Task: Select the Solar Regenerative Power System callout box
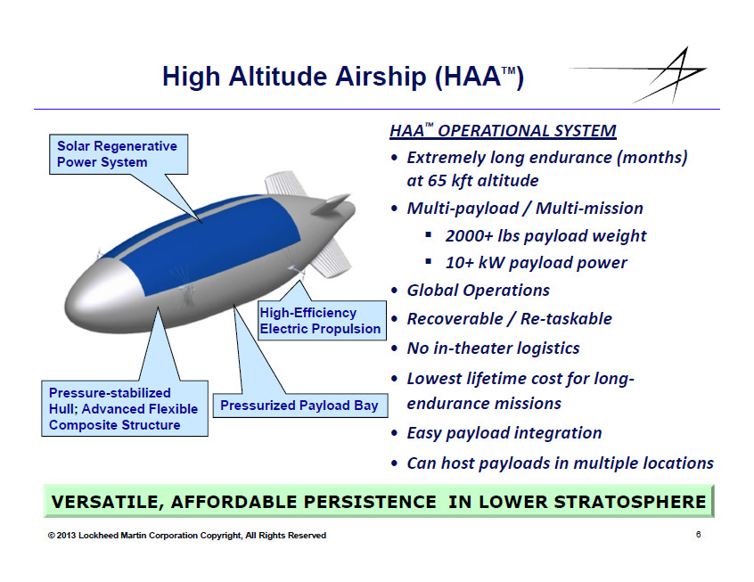119,154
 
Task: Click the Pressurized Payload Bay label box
300,406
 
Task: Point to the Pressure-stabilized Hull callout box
125,409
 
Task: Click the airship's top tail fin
283,184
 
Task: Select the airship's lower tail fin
332,258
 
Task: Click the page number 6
698,535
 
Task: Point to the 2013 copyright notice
186,536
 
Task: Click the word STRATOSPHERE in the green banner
629,502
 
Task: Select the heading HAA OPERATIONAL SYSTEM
503,131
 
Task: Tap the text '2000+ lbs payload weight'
545,235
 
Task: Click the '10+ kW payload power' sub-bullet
537,263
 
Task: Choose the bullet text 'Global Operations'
478,291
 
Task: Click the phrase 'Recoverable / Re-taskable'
509,319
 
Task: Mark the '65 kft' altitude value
452,181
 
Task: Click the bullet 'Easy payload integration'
504,433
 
